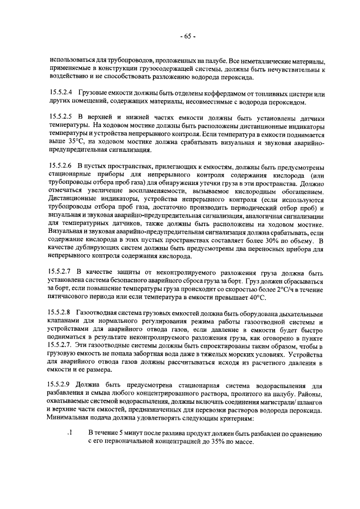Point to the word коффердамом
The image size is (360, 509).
tap(207, 92)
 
